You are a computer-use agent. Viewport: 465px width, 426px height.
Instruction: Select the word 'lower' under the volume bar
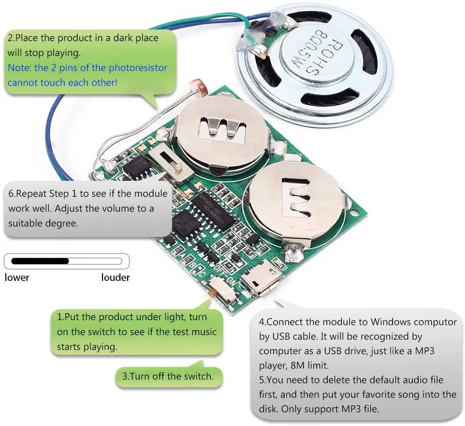[17, 278]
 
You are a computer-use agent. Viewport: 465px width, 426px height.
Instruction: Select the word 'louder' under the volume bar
[116, 278]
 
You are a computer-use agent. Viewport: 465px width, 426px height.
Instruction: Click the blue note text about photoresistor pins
[87, 74]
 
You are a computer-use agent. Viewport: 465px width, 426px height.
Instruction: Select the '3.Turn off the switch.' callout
[168, 376]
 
